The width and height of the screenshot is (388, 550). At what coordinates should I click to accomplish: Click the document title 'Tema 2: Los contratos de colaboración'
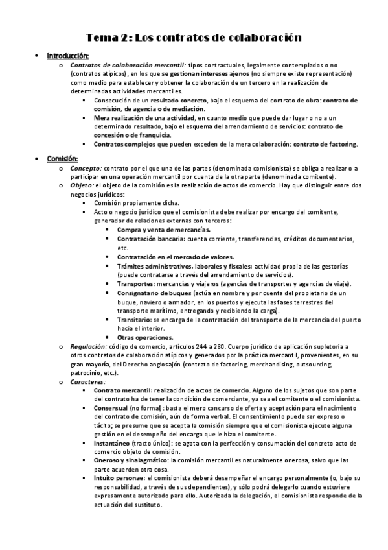pos(194,38)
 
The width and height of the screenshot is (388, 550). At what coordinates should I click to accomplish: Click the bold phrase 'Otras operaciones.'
pos(145,337)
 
